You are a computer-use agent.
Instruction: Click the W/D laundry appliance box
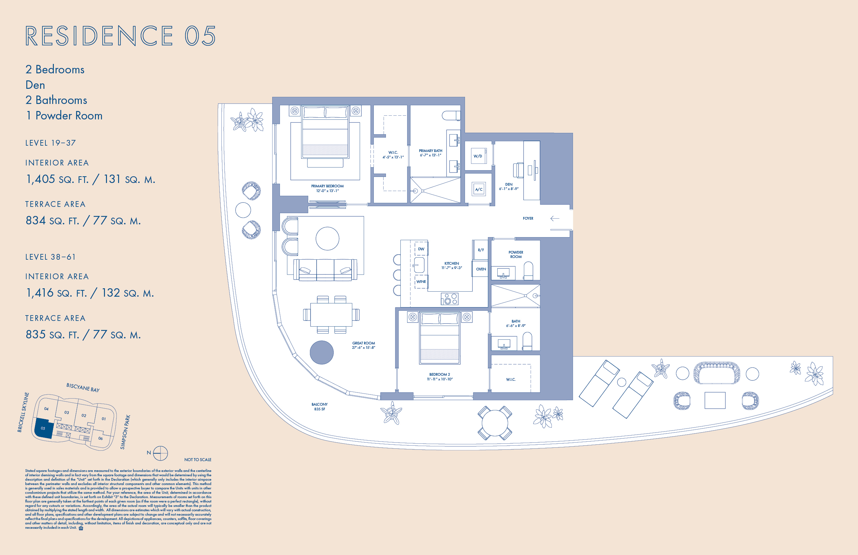click(x=478, y=156)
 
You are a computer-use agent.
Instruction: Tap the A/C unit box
click(x=479, y=189)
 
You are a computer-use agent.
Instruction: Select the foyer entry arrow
click(x=555, y=218)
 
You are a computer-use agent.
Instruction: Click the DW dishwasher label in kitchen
click(x=421, y=249)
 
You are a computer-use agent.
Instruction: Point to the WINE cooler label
click(x=421, y=282)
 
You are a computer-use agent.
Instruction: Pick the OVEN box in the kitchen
click(x=480, y=269)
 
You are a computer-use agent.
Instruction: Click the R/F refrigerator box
click(x=480, y=250)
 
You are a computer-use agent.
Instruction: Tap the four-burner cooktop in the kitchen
click(x=450, y=299)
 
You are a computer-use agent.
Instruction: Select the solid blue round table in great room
click(x=322, y=352)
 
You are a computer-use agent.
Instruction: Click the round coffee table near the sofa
click(x=327, y=238)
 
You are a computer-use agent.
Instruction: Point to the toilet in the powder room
click(x=528, y=271)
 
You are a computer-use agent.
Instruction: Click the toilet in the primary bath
click(x=451, y=116)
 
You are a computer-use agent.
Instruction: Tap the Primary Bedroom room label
click(x=327, y=188)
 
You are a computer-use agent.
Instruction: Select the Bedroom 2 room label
click(x=439, y=377)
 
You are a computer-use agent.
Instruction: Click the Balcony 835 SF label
click(x=319, y=407)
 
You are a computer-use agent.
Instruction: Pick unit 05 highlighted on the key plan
click(x=43, y=428)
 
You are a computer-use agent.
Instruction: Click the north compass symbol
click(x=160, y=453)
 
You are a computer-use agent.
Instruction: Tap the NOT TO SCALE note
click(x=198, y=459)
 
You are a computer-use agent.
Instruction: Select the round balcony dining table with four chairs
click(x=495, y=423)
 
